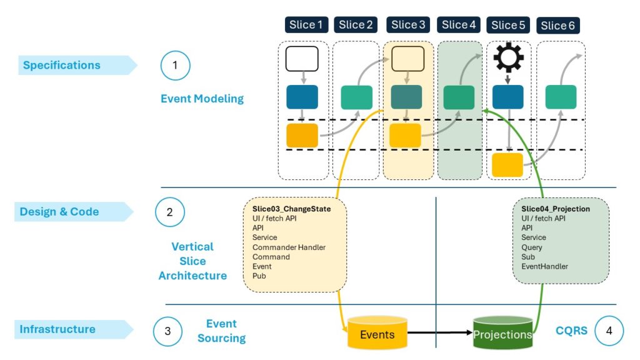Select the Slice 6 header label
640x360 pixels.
click(558, 26)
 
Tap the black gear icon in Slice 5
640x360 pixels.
click(508, 58)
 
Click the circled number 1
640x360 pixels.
click(175, 65)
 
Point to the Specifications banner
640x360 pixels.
click(62, 65)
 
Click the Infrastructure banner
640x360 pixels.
click(57, 329)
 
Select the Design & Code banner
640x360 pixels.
click(59, 212)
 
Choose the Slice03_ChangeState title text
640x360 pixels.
click(291, 209)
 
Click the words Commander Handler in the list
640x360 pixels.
click(289, 247)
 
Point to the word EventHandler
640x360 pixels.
click(545, 267)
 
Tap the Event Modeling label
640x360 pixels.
click(202, 99)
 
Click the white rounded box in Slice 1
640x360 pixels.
click(302, 58)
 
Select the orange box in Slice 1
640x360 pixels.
click(302, 135)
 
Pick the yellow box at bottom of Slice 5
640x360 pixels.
click(507, 165)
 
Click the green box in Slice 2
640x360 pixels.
click(357, 97)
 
